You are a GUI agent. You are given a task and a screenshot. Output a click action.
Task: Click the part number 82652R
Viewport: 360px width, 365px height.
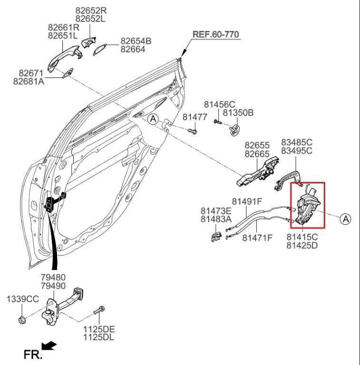point(91,10)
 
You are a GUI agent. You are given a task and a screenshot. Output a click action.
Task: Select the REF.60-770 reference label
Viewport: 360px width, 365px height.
point(215,35)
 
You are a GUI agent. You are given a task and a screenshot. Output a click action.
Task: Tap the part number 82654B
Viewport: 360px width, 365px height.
point(136,41)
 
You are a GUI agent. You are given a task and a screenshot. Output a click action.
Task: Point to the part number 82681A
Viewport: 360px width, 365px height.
point(29,82)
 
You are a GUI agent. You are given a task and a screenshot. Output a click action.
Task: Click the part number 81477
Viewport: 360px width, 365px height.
point(195,116)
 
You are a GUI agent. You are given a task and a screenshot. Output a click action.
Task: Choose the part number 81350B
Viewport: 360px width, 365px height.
point(238,113)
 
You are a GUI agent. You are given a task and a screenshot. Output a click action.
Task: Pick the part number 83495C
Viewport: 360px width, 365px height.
point(296,151)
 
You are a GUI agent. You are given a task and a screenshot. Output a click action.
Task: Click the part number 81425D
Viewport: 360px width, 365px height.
point(302,245)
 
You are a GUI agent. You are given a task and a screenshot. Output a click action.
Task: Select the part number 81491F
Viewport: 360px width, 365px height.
point(247,202)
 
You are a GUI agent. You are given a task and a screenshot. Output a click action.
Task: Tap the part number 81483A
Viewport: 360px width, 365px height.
point(216,219)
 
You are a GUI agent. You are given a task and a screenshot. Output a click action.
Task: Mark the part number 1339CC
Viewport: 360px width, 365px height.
point(22,299)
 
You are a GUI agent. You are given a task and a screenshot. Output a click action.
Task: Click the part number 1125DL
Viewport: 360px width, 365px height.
point(99,337)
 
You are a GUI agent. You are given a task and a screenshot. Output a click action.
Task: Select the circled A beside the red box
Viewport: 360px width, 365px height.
point(345,219)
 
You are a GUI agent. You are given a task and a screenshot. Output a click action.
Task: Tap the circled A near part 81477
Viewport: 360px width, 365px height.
point(153,119)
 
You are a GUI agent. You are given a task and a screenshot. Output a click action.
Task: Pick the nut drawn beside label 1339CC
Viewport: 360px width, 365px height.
point(22,318)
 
